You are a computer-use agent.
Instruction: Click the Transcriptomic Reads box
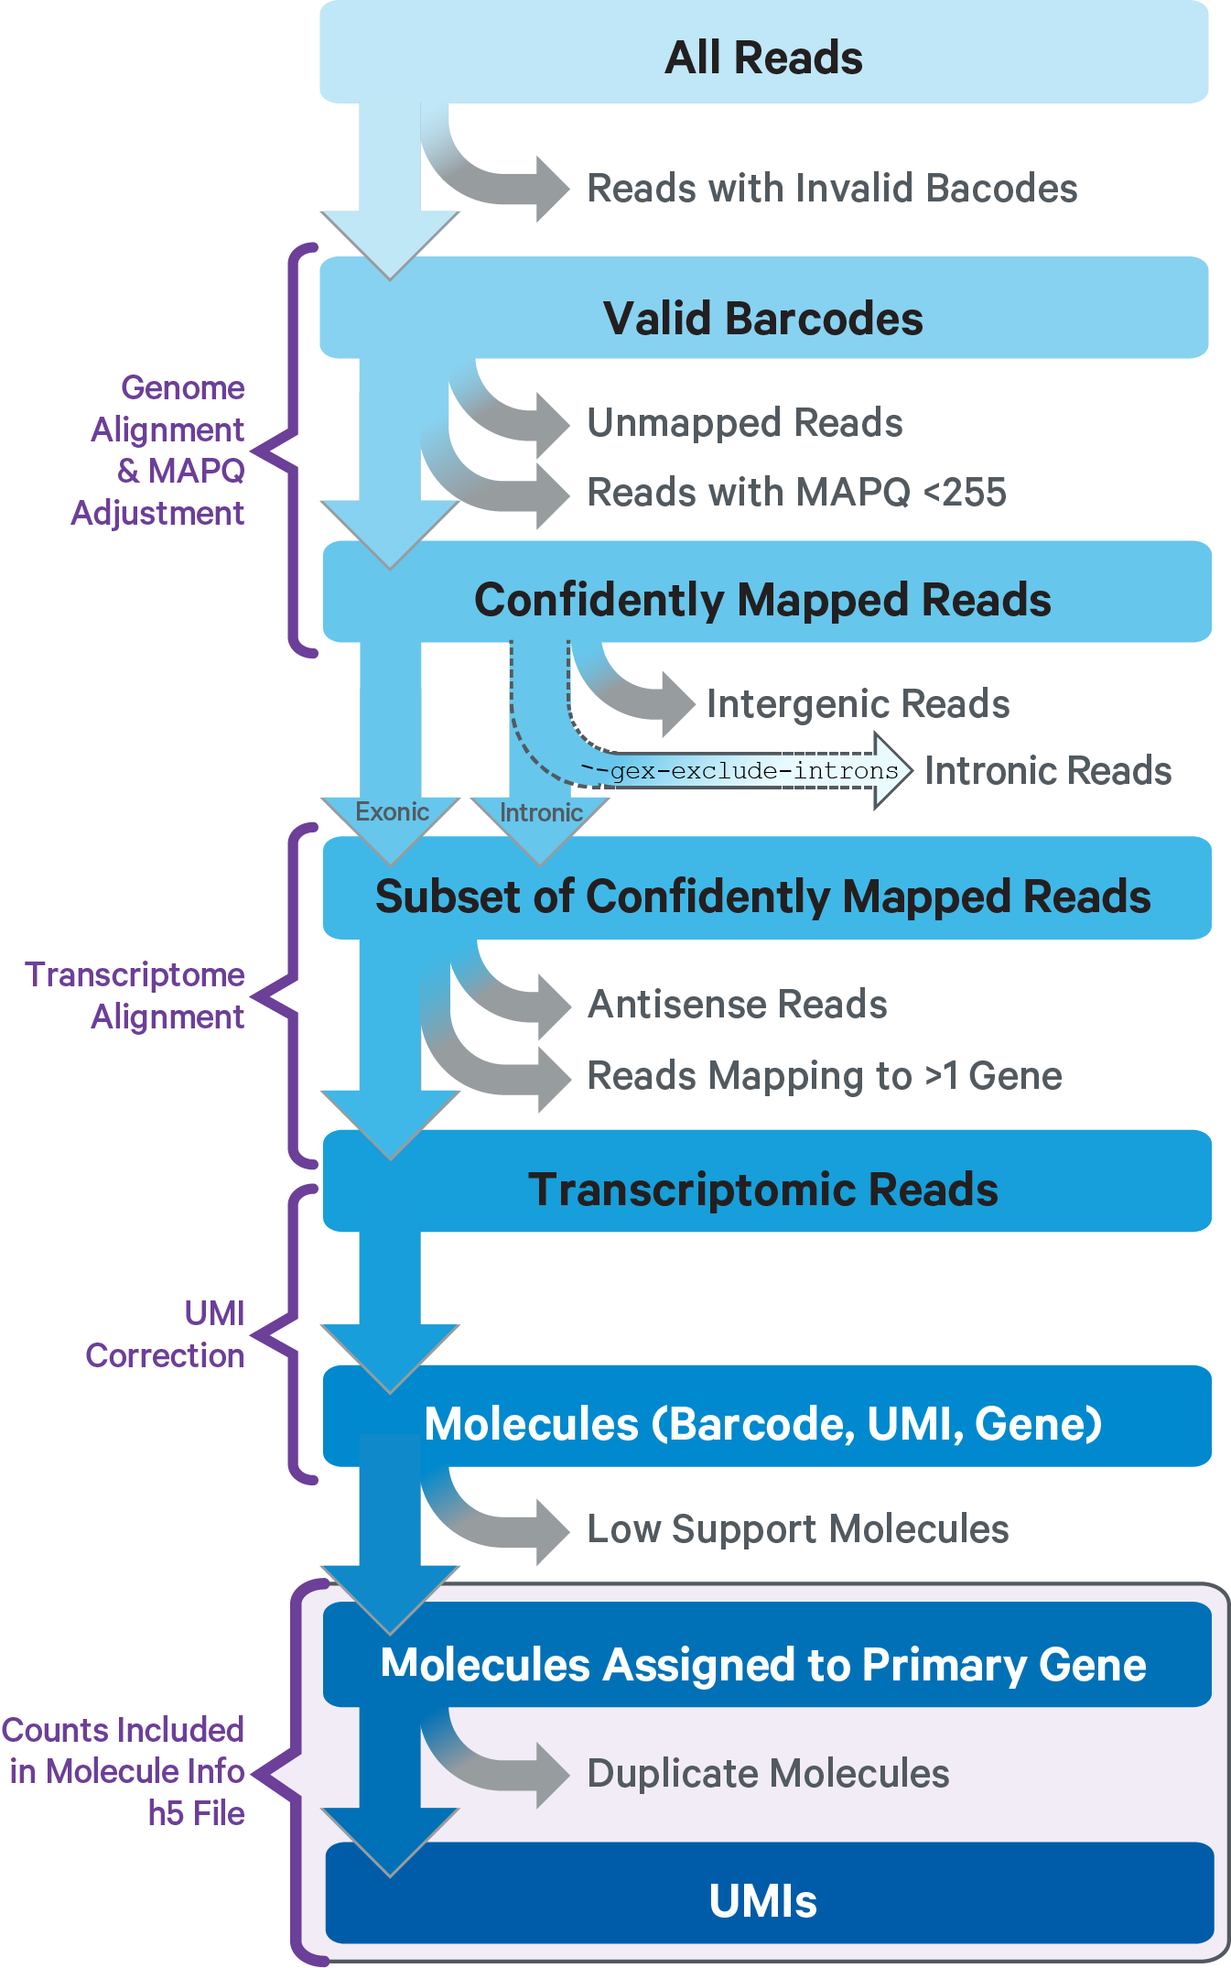coord(763,1188)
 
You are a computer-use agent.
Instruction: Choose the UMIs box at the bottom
coord(763,1900)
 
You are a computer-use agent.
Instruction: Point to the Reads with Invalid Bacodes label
coord(831,188)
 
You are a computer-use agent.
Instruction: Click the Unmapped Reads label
coord(744,422)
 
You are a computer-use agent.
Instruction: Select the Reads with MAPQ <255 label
coord(796,492)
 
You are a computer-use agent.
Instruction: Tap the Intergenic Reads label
coord(858,703)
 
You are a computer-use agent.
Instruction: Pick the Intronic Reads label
coord(1047,770)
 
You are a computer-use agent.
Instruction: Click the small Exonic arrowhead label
coord(392,812)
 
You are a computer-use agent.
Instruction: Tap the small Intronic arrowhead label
coord(541,813)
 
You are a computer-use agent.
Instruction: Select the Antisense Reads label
coord(737,1004)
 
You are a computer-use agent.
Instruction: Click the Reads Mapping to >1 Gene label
coord(824,1075)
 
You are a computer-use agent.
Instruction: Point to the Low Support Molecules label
coord(797,1528)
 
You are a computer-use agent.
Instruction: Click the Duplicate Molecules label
coord(768,1773)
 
